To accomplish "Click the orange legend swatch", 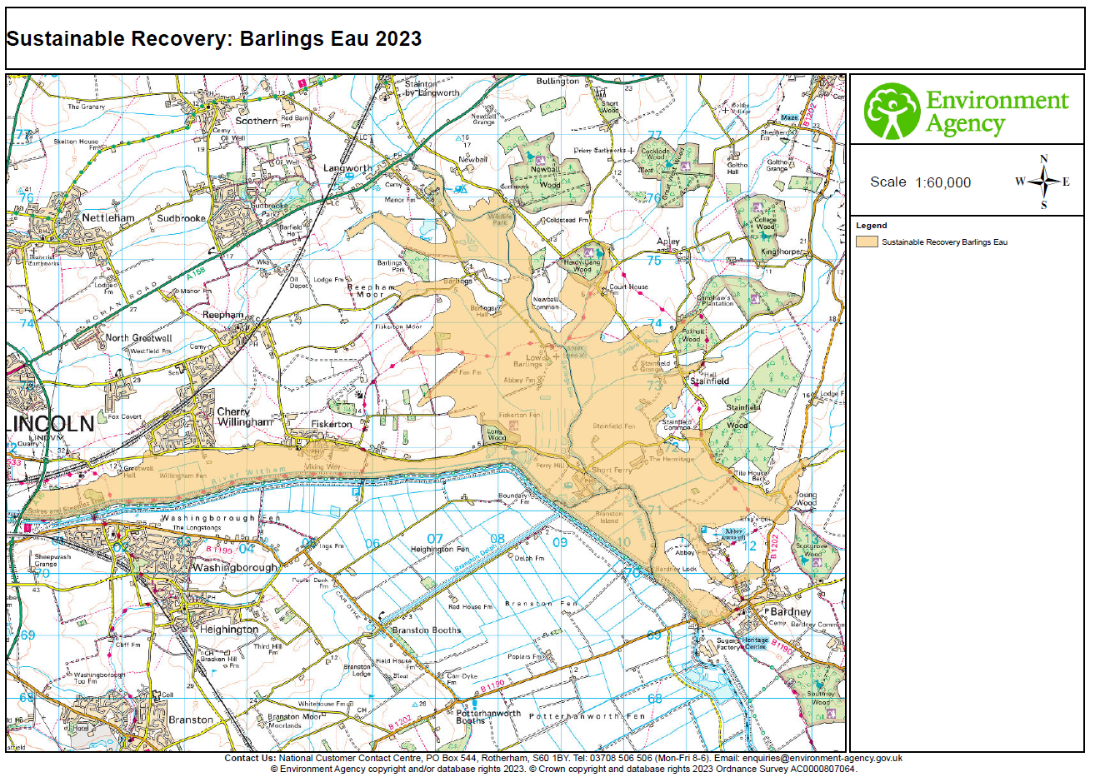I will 867,242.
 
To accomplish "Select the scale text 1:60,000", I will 942,183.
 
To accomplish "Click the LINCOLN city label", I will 52,424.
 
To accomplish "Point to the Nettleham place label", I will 107,218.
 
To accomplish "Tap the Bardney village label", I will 790,612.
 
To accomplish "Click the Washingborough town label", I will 234,568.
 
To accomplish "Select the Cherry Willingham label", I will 243,417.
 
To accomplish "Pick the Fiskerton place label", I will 331,425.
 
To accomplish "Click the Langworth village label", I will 347,168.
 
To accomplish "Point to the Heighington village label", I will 228,630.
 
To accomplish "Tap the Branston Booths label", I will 426,630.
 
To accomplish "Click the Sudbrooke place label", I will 181,218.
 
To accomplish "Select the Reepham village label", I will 222,316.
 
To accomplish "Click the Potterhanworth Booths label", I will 487,717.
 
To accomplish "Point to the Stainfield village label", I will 709,381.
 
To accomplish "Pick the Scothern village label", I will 256,121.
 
